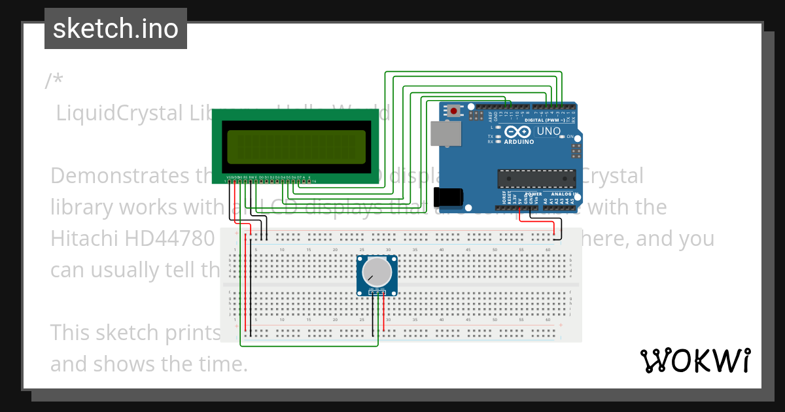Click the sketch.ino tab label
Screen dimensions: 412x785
pos(115,29)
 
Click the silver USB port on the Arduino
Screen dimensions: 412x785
pos(445,133)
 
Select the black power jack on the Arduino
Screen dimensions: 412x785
pos(448,197)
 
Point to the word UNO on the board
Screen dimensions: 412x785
pos(548,131)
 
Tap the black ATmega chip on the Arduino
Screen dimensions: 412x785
pos(536,178)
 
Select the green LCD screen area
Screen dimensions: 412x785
pos(296,146)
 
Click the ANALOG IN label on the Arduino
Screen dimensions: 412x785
pos(563,194)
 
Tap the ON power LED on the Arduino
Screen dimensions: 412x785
pos(563,137)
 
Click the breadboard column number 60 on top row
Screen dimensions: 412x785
pos(548,250)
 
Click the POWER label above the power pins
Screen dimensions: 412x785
pos(532,194)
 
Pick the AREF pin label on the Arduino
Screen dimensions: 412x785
pos(489,116)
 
